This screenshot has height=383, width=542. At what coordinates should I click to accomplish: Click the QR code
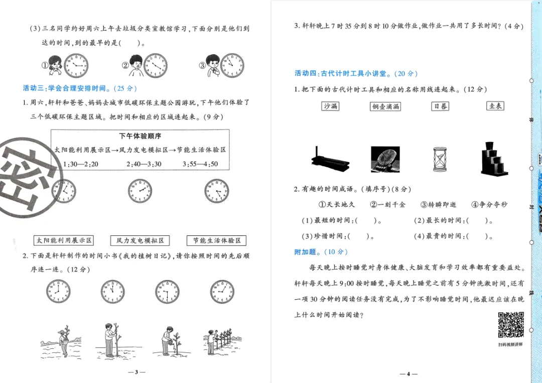[x=511, y=325]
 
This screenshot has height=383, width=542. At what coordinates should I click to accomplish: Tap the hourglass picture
[x=440, y=160]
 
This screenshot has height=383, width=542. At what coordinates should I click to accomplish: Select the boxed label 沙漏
[x=331, y=106]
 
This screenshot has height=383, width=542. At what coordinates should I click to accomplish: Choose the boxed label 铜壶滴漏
[x=385, y=106]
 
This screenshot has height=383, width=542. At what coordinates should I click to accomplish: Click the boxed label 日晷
[x=440, y=106]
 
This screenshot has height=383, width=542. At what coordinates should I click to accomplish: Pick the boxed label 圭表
[x=495, y=106]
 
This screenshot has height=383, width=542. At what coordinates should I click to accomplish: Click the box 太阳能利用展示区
[x=64, y=241]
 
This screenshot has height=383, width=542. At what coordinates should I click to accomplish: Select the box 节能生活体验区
[x=217, y=241]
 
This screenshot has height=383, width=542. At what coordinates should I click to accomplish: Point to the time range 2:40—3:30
[x=144, y=164]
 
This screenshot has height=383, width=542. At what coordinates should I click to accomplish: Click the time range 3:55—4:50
[x=201, y=164]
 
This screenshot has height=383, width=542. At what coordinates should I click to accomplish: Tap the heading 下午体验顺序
[x=140, y=136]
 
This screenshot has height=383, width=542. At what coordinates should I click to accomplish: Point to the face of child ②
[x=135, y=64]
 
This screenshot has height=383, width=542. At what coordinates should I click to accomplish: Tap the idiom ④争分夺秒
[x=489, y=204]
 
